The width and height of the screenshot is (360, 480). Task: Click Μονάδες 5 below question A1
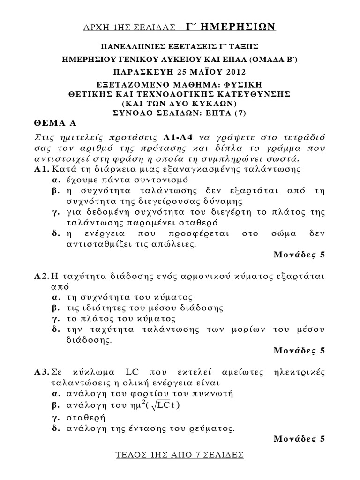coord(298,255)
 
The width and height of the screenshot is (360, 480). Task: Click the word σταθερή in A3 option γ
coord(87,416)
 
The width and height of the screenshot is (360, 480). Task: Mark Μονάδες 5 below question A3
coord(298,439)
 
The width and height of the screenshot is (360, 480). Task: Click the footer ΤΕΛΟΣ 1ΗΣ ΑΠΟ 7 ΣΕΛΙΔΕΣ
coord(180,455)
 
